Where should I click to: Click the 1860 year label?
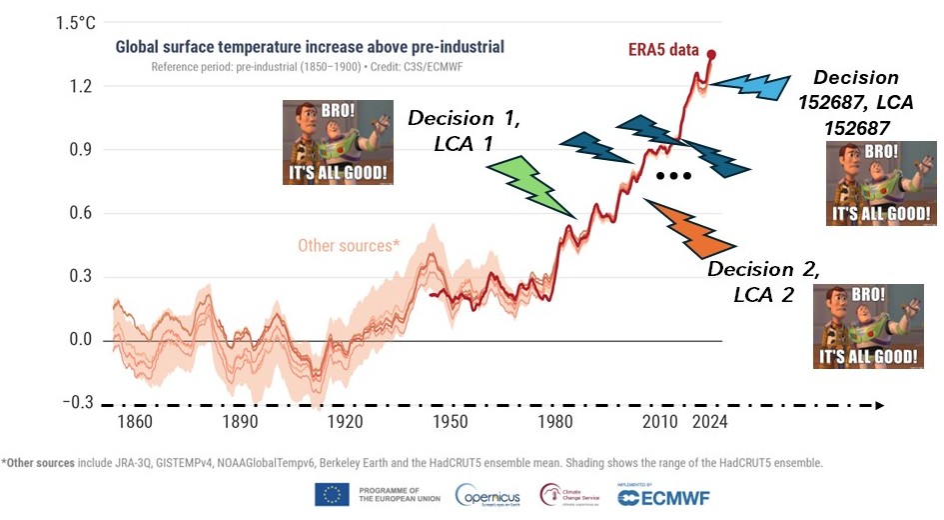coord(134,422)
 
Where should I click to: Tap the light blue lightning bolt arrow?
coord(754,86)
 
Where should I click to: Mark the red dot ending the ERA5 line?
coord(711,54)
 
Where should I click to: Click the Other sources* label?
coord(348,245)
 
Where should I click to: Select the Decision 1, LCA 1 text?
coord(463,130)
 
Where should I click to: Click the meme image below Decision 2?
coord(866,327)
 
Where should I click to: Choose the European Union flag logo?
coord(332,494)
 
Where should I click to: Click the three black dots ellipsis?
coord(673,177)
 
